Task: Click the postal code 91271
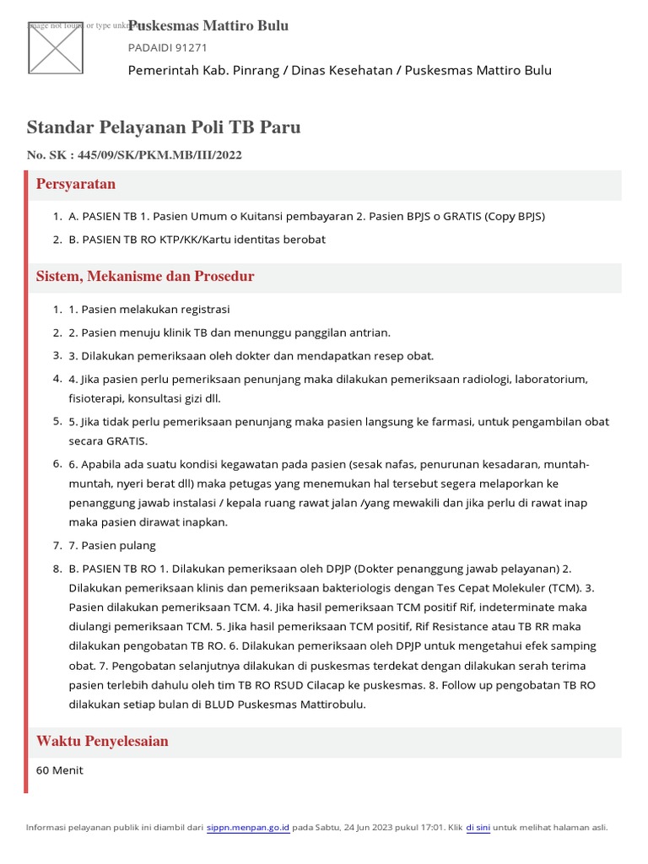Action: pos(187,48)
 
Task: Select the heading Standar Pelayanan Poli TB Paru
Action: pos(164,127)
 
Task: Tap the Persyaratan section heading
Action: pos(76,184)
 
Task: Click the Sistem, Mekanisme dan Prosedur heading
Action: pos(145,277)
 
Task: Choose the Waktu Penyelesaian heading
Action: pos(102,742)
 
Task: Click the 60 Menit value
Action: pos(60,770)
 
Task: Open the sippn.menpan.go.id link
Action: pos(248,828)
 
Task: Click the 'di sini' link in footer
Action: pos(478,828)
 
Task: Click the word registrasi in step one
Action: pos(202,310)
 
